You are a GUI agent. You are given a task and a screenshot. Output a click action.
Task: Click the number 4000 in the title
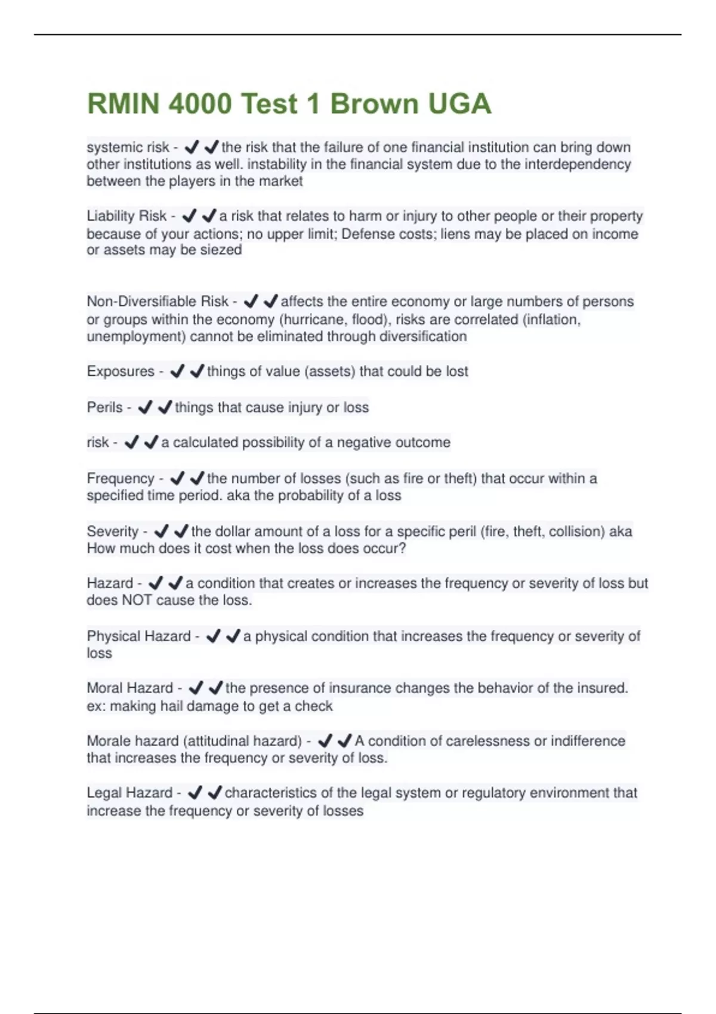(x=200, y=104)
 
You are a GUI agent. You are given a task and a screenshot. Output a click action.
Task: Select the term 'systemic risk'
(x=128, y=147)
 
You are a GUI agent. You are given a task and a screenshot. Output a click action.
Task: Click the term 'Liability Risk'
(x=126, y=216)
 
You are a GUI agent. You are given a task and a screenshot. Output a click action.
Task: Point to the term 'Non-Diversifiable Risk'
(x=158, y=302)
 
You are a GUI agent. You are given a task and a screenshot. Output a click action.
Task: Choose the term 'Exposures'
(x=121, y=372)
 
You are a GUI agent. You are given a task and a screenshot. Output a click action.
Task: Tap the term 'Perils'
(x=105, y=407)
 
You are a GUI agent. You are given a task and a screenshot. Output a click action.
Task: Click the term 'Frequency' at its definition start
(x=121, y=478)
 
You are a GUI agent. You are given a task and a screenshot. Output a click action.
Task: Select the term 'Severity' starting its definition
(x=113, y=531)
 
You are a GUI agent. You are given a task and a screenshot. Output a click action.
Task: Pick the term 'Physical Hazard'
(x=139, y=636)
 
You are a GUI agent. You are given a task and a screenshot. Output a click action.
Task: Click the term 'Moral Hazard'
(x=130, y=688)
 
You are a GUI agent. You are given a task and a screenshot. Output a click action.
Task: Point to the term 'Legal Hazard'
(x=129, y=793)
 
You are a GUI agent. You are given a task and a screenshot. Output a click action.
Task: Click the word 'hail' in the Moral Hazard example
(x=172, y=706)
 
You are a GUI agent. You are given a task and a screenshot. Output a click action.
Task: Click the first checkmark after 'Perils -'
(x=145, y=407)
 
